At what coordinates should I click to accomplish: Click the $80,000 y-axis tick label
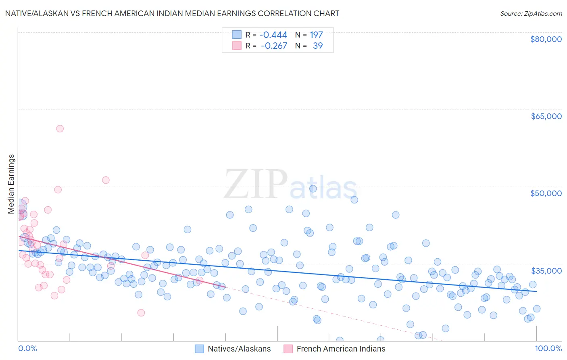coord(546,39)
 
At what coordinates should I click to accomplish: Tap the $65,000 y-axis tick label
coord(546,116)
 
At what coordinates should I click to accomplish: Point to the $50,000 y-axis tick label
coord(546,193)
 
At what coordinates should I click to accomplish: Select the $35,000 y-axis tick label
coord(546,270)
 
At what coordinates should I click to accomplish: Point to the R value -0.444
coord(273,35)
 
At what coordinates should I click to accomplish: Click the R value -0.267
coord(274,46)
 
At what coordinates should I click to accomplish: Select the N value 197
coord(316,35)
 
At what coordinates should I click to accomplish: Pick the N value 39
coord(318,46)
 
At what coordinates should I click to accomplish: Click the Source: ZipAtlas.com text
coord(531,14)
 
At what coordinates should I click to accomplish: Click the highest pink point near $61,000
coord(60,129)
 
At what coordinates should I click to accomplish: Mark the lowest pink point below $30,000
coord(141,313)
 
